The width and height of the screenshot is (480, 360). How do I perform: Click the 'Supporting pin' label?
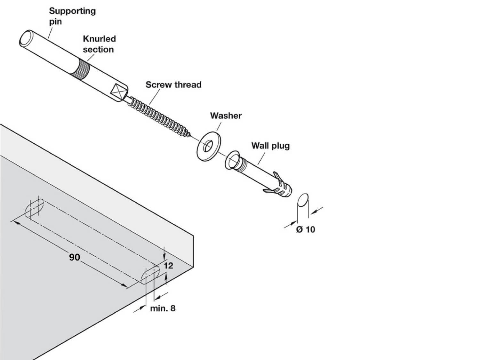coord(72,16)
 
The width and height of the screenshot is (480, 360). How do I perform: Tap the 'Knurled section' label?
coord(99,44)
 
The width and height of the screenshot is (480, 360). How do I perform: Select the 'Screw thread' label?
coord(173,85)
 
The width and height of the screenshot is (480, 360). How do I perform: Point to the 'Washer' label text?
coord(226,116)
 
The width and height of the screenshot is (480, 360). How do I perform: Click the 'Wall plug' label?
coord(270,146)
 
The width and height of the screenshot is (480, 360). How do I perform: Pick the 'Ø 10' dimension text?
coord(306,229)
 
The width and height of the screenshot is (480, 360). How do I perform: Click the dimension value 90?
coord(75,257)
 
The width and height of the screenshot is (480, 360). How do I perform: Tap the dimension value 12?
coord(168,265)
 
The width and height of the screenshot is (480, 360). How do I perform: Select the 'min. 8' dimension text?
coord(163,308)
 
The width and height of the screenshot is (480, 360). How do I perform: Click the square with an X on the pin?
coord(118,92)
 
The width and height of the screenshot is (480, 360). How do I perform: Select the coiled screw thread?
coord(160,116)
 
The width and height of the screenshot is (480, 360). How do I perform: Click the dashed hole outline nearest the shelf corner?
coord(150,275)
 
